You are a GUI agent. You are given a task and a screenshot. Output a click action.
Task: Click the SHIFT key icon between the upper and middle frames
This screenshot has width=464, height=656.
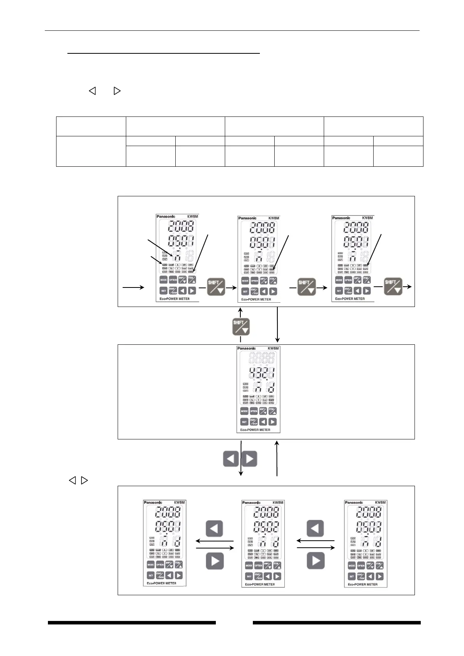tap(241, 327)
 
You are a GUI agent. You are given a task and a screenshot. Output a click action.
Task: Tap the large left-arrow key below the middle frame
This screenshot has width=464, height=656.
tap(231, 459)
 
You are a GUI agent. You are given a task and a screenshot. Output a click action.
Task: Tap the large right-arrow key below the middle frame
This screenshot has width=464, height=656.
tap(249, 459)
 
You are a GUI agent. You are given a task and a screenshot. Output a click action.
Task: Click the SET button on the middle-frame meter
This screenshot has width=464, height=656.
tap(244, 421)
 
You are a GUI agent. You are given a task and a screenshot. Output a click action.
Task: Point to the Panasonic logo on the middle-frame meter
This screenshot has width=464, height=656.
tap(247, 348)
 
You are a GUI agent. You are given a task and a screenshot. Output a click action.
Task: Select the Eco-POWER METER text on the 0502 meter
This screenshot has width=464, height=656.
tap(260, 584)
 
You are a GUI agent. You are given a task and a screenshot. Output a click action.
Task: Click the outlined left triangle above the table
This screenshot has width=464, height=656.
tap(92, 91)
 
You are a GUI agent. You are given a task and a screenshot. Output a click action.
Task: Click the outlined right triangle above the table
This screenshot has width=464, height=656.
tap(117, 91)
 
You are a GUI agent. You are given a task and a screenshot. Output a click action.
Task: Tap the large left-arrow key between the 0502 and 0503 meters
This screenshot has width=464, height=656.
tap(315, 529)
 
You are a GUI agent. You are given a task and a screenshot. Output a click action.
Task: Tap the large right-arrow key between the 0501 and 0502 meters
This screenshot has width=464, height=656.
tap(215, 561)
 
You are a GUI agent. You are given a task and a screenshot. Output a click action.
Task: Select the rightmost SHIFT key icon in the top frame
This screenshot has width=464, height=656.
tap(393, 286)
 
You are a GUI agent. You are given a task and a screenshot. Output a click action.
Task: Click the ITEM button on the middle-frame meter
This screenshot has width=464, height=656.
tap(272, 411)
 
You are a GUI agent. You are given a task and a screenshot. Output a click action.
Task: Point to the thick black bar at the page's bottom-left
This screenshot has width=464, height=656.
tap(132, 622)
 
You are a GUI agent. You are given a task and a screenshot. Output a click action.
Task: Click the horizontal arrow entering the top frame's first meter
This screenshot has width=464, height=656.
tap(133, 287)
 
